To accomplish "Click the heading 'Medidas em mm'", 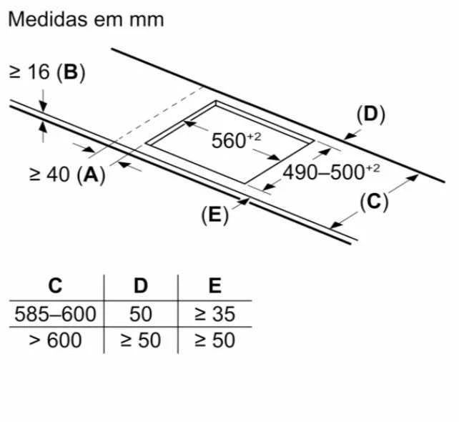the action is pos(86,19).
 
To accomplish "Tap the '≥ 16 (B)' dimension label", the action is pos(47,72).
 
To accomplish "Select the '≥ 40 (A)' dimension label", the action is pos(67,175).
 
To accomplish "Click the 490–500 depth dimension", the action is pos(331,172).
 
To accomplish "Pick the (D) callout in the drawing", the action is pos(370,114).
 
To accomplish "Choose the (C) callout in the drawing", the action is pos(374,202).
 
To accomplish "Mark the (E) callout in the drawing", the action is pos(215,215).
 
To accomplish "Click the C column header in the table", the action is pos(55,285).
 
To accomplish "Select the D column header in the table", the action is pos(141,285).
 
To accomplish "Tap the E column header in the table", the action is pos(215,285).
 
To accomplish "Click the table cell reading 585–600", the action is pos(55,314).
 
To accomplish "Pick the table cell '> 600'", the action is pos(55,340).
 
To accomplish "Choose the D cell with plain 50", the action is pos(141,314).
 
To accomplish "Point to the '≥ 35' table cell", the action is pos(215,314).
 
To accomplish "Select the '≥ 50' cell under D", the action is pos(141,340).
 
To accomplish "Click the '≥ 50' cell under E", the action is pos(215,340).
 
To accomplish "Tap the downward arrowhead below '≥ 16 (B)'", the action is pos(44,107).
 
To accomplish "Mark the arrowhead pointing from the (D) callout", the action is pos(349,136).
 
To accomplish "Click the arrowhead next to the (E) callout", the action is pos(244,201).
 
